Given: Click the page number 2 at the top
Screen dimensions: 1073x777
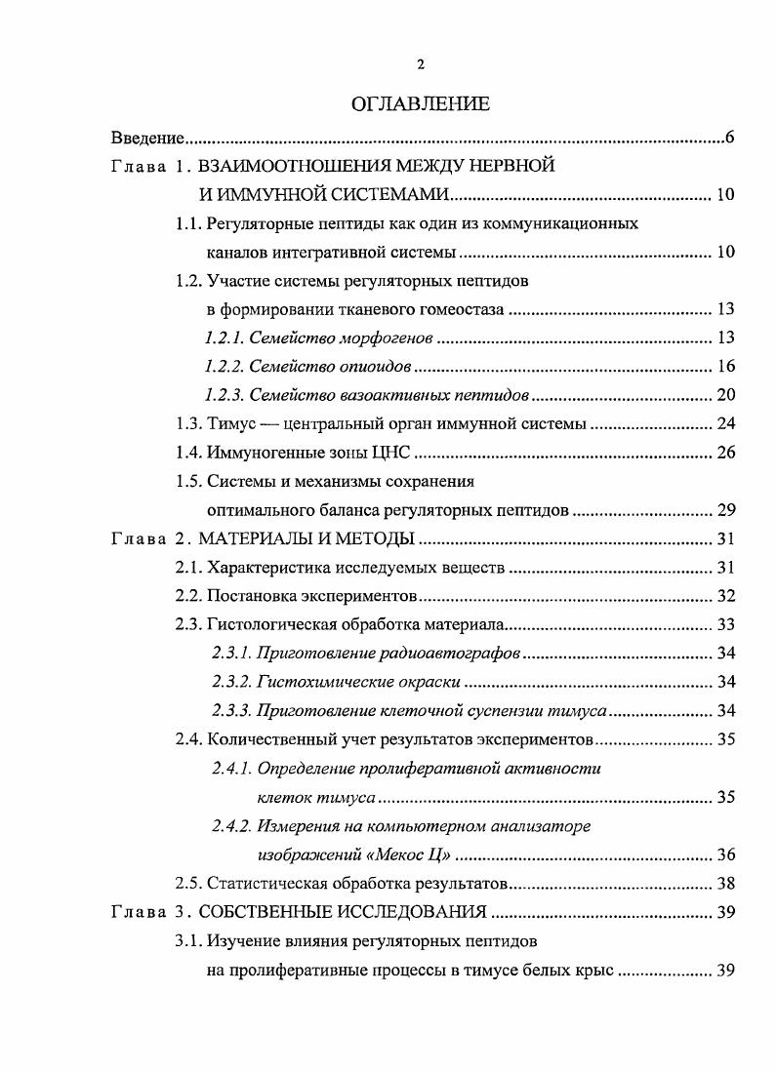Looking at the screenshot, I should pos(421,64).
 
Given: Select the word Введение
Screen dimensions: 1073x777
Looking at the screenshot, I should pos(147,138).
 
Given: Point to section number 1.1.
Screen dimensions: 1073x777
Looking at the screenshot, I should pos(188,223).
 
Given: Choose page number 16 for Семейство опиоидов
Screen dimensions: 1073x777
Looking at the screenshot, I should pos(725,367).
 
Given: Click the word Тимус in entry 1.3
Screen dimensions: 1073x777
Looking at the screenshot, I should pos(230,424).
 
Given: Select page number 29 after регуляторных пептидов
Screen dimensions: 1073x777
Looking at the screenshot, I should pos(725,510).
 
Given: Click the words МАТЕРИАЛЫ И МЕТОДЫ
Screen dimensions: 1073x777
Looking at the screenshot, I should pos(309,538).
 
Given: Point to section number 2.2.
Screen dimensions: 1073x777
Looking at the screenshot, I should pos(188,596).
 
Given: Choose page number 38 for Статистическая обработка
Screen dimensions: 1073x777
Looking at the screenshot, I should pos(725,884).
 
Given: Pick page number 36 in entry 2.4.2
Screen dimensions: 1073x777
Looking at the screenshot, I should pos(725,855).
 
